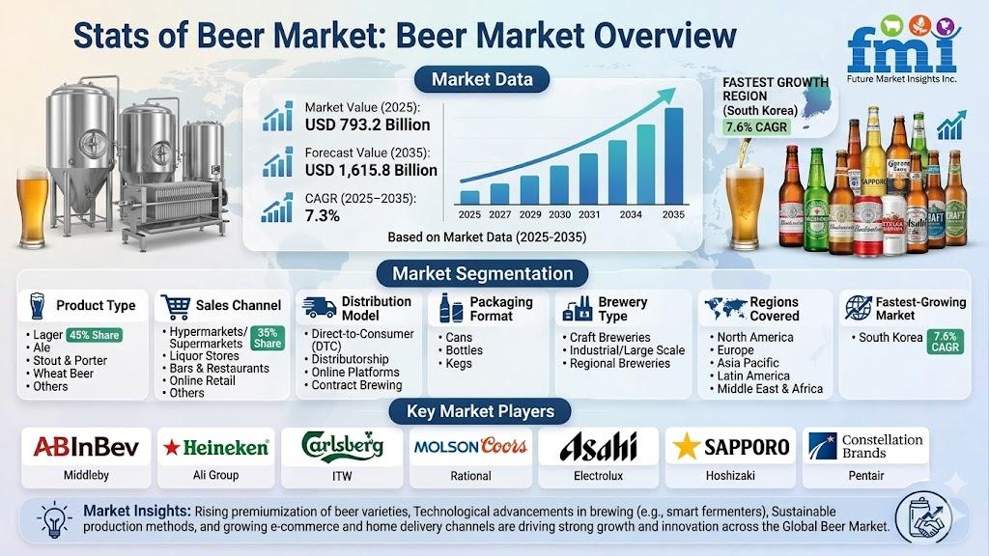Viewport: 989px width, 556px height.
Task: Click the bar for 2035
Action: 673,155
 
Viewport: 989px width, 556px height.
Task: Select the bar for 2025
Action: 470,197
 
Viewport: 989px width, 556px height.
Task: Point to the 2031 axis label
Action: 589,214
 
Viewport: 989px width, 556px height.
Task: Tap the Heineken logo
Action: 215,448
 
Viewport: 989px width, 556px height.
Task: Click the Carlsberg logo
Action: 342,446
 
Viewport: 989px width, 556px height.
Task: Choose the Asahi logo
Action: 598,447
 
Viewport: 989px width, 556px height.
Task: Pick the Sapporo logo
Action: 730,447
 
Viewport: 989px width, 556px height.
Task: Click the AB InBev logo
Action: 86,447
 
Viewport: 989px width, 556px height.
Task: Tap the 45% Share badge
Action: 94,335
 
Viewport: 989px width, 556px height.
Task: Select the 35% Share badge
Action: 268,338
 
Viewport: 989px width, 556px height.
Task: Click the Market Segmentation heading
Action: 483,273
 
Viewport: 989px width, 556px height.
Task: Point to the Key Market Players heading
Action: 480,411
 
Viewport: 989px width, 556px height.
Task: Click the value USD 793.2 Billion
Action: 367,125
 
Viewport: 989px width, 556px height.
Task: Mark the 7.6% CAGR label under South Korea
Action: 756,126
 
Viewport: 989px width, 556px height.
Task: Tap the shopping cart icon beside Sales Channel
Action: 176,306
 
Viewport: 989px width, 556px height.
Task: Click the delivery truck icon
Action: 319,307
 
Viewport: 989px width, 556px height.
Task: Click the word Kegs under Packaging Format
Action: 459,364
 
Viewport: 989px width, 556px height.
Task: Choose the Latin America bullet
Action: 753,375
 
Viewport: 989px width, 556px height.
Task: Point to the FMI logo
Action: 903,49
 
